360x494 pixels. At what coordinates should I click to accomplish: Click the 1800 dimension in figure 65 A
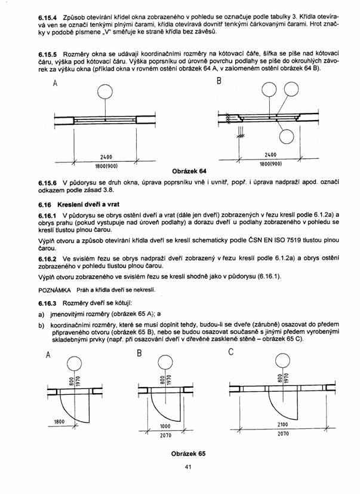[x=59, y=422]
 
